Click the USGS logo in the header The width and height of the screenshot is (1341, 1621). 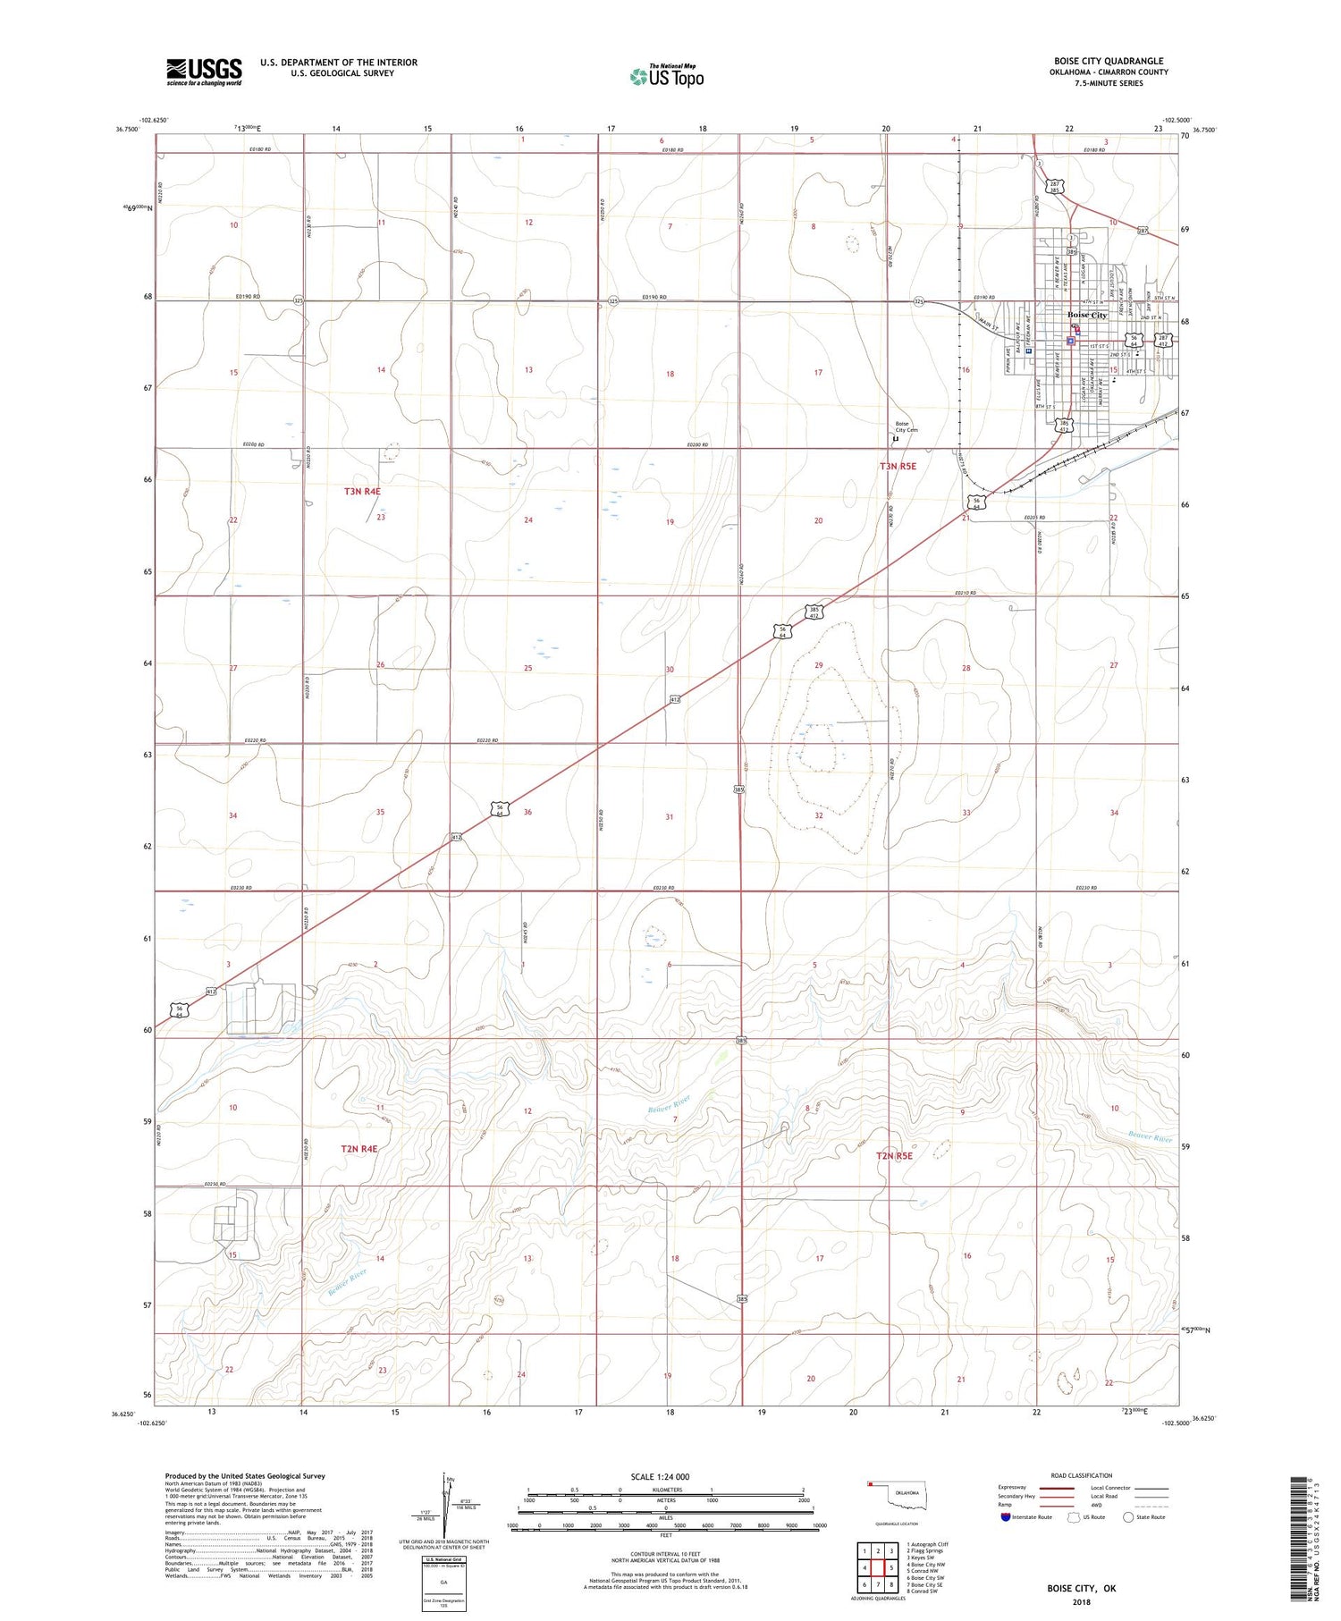click(204, 72)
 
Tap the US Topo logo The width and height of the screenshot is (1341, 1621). click(667, 77)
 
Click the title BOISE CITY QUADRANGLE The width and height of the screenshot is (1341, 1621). click(1109, 62)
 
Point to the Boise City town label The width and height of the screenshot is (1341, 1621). click(1087, 316)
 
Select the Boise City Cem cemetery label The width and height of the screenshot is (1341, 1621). click(907, 426)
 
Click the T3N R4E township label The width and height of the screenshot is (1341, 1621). click(362, 491)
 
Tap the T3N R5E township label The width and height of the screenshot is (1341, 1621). click(898, 466)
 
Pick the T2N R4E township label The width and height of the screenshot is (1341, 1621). click(358, 1148)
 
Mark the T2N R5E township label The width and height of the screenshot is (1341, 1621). click(894, 1156)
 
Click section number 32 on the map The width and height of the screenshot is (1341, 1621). click(818, 815)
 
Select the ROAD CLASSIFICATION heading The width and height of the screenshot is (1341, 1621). click(1082, 1475)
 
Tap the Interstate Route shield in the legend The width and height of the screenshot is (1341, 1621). click(1007, 1517)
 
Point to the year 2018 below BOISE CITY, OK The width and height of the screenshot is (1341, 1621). click(1081, 1603)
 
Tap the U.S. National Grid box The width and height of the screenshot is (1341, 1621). click(443, 1583)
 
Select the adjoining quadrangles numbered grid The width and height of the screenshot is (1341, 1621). click(878, 1568)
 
